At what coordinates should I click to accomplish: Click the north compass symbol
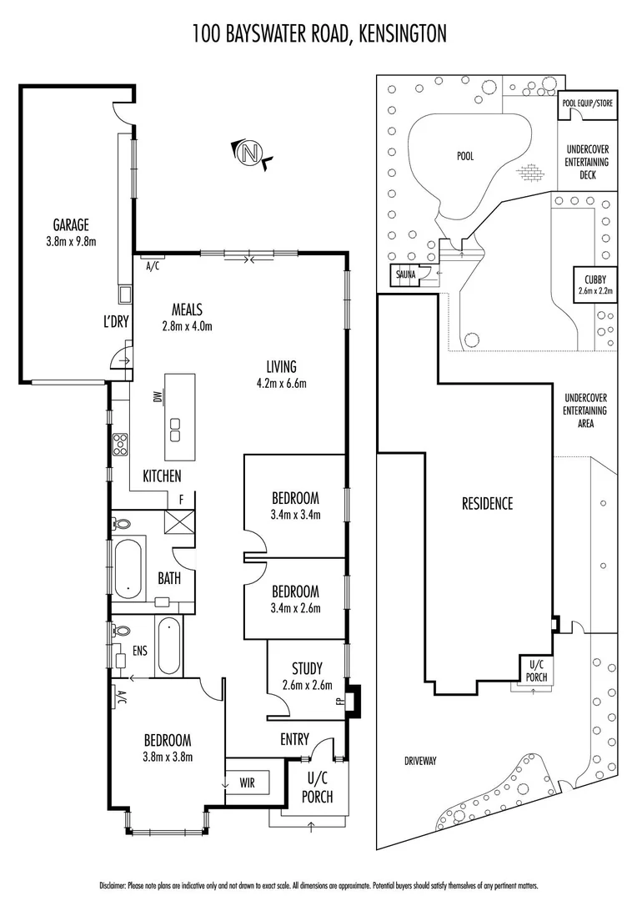coord(249,154)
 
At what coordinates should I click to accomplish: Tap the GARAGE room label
coord(71,225)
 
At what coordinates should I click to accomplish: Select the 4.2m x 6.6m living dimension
coord(287,384)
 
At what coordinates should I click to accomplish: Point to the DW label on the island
coord(157,398)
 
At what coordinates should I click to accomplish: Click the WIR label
coord(248,783)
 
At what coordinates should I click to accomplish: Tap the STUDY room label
coord(306,668)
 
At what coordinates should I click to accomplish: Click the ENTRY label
coord(295,739)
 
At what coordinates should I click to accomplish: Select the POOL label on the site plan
coord(465,156)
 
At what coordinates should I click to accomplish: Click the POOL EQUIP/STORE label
coord(587,104)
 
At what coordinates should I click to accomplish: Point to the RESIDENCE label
coord(488,503)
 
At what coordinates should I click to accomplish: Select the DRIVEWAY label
coord(420,761)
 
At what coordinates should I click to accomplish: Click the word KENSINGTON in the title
coord(401,33)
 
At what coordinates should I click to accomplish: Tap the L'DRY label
coord(116,321)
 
